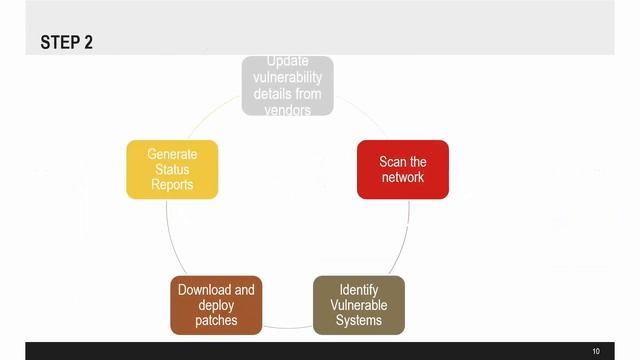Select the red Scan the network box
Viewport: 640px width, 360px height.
[x=403, y=169]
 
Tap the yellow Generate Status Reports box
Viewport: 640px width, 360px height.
[x=172, y=169]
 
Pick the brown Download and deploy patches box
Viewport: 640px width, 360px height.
[x=216, y=305]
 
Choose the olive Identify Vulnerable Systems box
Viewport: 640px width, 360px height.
[x=359, y=305]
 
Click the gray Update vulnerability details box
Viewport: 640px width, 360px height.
[x=288, y=86]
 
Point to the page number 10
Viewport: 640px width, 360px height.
[x=596, y=351]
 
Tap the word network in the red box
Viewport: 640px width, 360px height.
[x=403, y=177]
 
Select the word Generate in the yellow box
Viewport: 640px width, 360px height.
[x=172, y=154]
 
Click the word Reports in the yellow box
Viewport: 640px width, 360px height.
[x=172, y=184]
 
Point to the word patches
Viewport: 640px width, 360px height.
[x=216, y=320]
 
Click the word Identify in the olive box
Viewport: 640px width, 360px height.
[x=359, y=290]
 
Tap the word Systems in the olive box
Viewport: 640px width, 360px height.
[x=359, y=320]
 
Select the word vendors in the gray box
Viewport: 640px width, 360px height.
[x=288, y=109]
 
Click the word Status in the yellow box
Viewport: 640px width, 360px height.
[x=172, y=169]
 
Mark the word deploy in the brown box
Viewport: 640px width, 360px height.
[x=216, y=305]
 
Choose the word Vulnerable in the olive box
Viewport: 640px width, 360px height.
[x=359, y=305]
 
